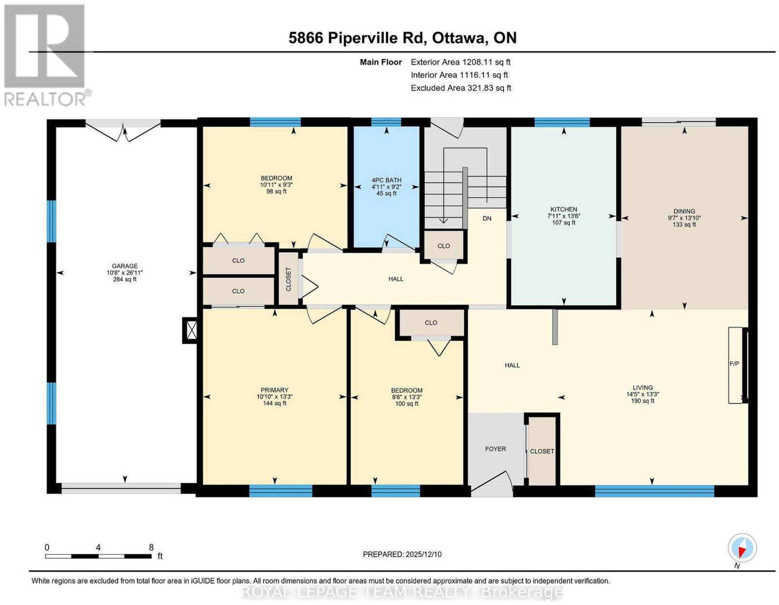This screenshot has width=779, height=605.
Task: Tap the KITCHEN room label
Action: point(564,209)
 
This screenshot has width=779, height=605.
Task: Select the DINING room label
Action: point(685,211)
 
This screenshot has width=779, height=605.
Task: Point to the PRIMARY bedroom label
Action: point(275,390)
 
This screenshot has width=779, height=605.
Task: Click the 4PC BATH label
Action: point(387,180)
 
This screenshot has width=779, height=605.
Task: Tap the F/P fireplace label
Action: point(734,364)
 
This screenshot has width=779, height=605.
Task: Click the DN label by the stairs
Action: point(487,218)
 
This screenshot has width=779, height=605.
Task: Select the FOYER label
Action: point(496,449)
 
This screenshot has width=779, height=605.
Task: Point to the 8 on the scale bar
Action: point(151,548)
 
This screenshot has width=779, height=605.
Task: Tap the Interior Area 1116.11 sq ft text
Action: point(459,75)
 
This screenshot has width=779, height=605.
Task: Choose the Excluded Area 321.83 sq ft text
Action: point(461,88)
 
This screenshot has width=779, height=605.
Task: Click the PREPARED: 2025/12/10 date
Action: point(402,554)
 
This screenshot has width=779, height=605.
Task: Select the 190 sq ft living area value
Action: point(643,401)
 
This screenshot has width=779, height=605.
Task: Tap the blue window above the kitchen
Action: point(562,123)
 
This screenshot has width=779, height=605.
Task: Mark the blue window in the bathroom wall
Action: point(386,123)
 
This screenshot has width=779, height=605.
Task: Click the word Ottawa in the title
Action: point(459,38)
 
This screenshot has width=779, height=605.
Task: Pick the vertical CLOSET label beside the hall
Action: point(289,279)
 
